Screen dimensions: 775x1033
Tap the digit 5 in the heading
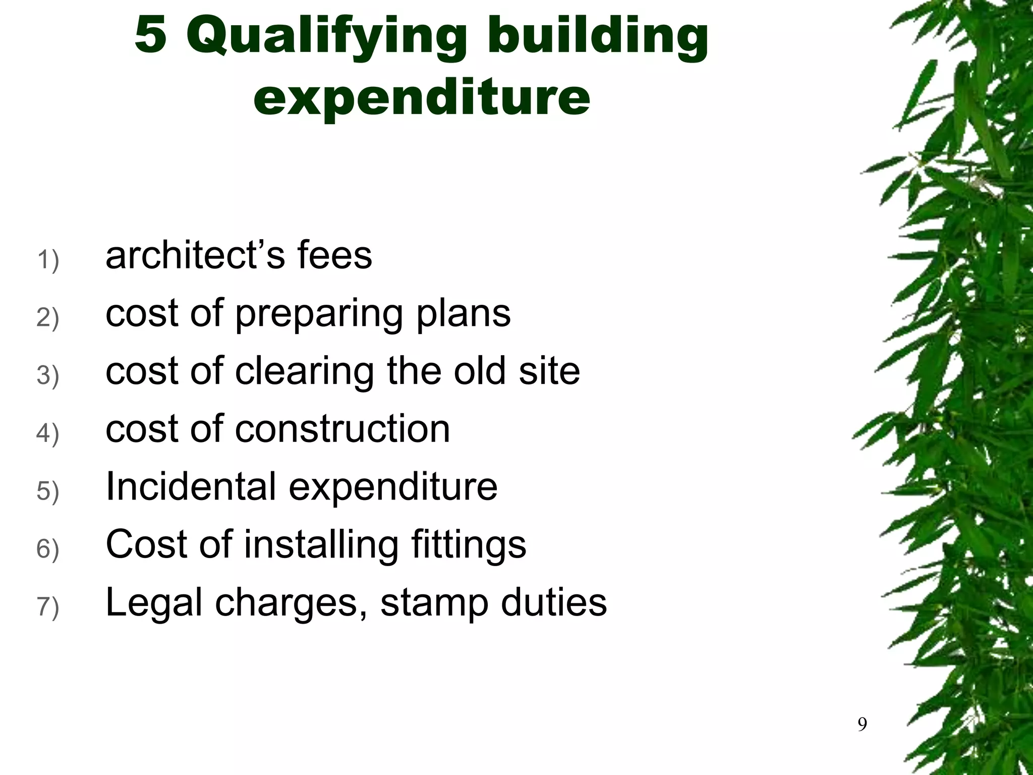pos(150,34)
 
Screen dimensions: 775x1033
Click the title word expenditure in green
pos(422,96)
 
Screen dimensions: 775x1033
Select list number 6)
pos(48,549)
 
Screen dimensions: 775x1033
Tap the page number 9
pos(863,725)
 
